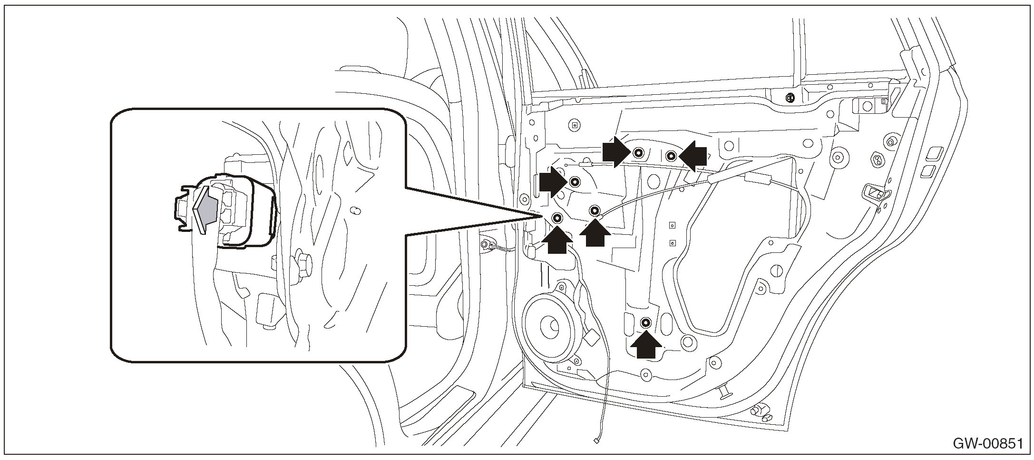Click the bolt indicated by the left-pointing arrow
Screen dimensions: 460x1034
[671, 155]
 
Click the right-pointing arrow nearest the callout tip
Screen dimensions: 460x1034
[552, 182]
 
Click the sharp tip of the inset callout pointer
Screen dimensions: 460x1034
[542, 216]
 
